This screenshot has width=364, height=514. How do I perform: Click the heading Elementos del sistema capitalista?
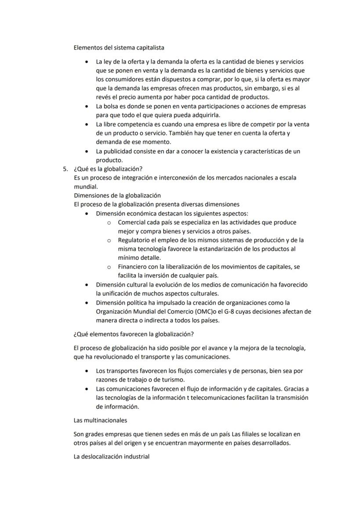[x=119, y=47]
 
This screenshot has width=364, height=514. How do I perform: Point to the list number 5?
[x=65, y=169]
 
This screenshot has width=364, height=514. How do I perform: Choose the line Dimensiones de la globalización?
[x=117, y=195]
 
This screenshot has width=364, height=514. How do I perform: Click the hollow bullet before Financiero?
[x=109, y=267]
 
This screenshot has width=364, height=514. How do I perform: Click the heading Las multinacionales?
[x=100, y=420]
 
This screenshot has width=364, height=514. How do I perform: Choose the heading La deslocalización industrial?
[x=112, y=456]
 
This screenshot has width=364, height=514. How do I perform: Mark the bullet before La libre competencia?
[x=89, y=125]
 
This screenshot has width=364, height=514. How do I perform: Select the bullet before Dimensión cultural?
[x=89, y=285]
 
